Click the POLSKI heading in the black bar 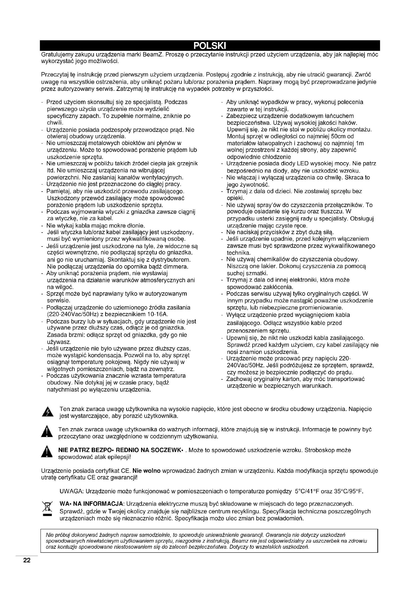click(210, 46)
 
